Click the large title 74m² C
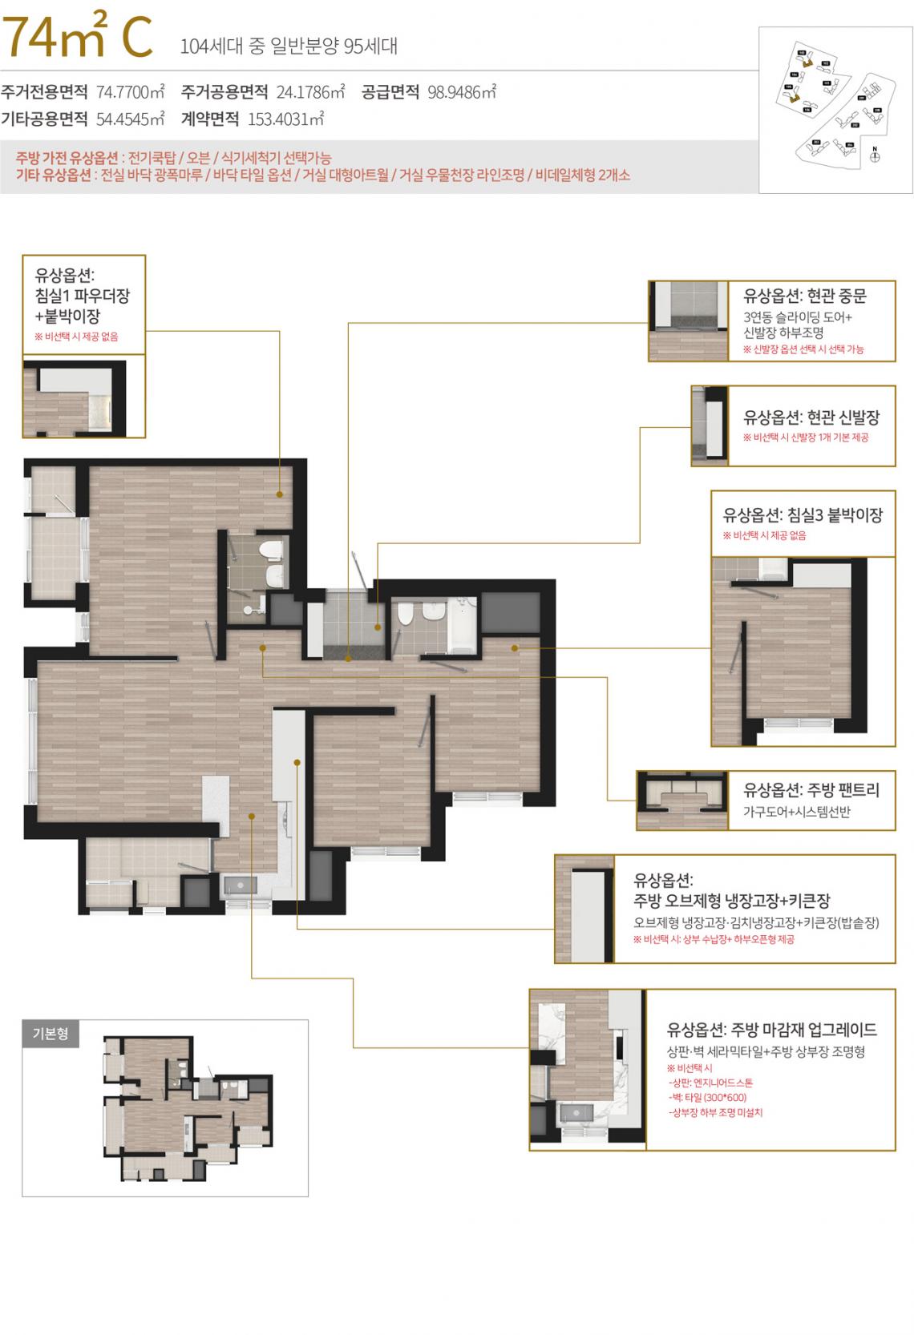77,38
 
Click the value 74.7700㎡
131,91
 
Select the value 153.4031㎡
285,119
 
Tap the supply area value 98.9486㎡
462,91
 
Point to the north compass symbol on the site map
875,156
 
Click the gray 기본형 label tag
50,1033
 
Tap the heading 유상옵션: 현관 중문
805,296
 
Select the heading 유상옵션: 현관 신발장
811,417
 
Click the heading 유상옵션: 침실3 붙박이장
803,514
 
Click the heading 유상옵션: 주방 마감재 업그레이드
771,1030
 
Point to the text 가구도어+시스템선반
797,812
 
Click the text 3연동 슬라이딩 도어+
798,317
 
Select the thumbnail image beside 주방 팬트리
682,800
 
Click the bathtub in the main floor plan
463,623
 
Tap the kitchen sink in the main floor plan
239,885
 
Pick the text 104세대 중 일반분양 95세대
289,46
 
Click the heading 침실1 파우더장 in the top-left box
83,295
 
